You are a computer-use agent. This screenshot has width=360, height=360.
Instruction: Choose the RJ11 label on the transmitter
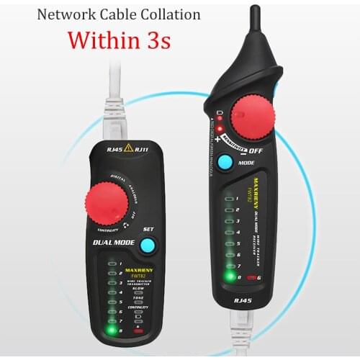coord(143,150)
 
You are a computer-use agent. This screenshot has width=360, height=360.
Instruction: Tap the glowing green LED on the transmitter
coord(112,330)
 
